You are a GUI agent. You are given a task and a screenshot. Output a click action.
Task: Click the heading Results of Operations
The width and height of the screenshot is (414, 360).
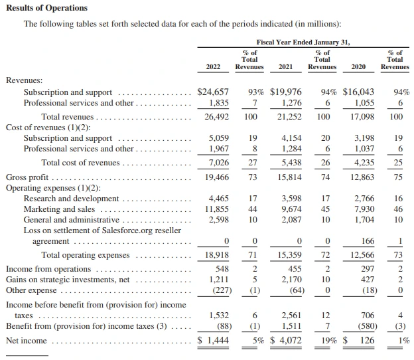[x=46, y=8]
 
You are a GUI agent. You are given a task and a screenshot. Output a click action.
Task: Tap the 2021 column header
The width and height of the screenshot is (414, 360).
[x=285, y=66]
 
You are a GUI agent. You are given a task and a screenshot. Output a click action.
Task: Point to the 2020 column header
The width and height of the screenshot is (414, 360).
[x=358, y=66]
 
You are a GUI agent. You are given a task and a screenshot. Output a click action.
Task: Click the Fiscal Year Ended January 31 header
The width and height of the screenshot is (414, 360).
[x=303, y=42]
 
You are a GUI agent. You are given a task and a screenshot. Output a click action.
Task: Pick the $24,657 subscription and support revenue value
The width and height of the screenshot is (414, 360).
[x=214, y=92]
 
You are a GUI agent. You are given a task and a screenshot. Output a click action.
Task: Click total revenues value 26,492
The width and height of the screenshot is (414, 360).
[x=217, y=116]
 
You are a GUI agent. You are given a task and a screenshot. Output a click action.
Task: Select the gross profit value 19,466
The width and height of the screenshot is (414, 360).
[x=217, y=177]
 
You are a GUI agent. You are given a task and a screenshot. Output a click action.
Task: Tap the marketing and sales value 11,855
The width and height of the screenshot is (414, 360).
[x=217, y=209]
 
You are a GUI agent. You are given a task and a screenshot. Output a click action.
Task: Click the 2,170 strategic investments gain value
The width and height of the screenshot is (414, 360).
[x=291, y=280]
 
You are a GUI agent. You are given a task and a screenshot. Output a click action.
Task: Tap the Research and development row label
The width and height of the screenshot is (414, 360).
[x=71, y=199]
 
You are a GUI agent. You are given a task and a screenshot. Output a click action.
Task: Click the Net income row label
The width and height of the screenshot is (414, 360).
[x=27, y=341]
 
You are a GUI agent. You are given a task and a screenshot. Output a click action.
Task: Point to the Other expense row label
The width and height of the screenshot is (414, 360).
[x=32, y=290]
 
